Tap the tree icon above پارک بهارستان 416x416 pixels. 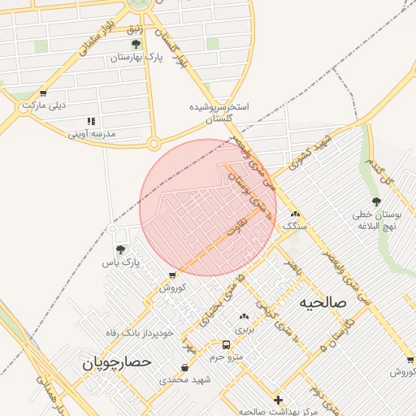pyautogui.click(x=136, y=44)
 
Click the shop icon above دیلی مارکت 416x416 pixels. pyautogui.click(x=43, y=93)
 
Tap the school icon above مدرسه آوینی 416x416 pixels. pyautogui.click(x=90, y=120)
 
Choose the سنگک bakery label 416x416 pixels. pyautogui.click(x=296, y=227)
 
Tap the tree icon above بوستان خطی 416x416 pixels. pyautogui.click(x=375, y=201)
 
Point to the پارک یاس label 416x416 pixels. pyautogui.click(x=121, y=263)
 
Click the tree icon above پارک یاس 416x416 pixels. pyautogui.click(x=121, y=249)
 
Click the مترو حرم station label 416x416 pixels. pyautogui.click(x=227, y=357)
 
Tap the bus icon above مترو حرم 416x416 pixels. pyautogui.click(x=226, y=344)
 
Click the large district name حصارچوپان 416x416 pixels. pyautogui.click(x=117, y=363)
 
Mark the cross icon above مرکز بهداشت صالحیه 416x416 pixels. pyautogui.click(x=279, y=400)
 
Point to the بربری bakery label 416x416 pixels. pyautogui.click(x=245, y=330)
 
